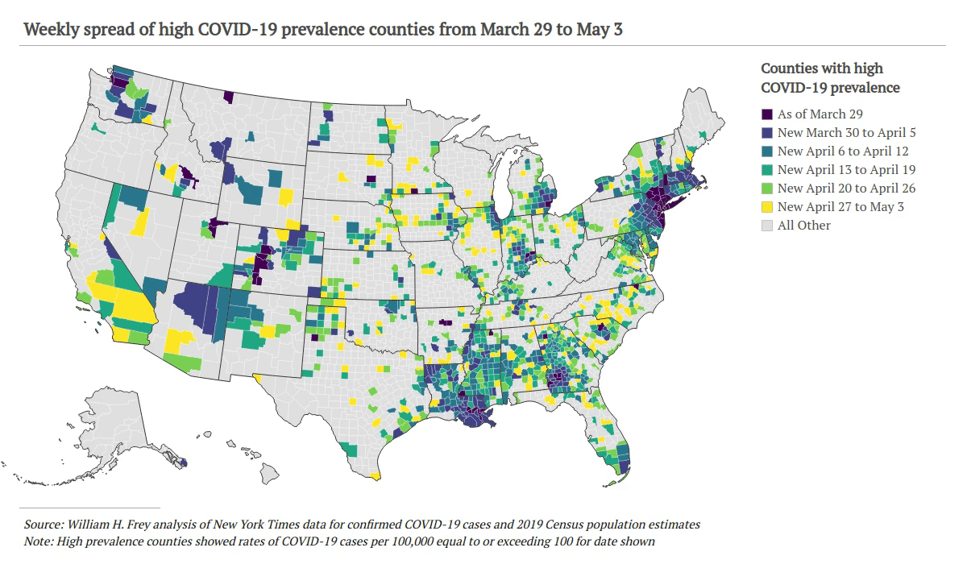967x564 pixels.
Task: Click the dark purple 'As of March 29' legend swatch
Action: (768, 114)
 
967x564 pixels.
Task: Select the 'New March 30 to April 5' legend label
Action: (846, 133)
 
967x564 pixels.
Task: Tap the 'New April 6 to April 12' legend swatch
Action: (768, 151)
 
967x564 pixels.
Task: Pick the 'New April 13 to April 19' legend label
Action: (846, 170)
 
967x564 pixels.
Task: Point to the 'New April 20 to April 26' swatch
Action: (768, 189)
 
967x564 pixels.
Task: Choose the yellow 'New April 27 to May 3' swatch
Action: (768, 207)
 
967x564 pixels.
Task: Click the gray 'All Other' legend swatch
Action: (768, 226)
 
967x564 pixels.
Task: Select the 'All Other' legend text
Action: (803, 226)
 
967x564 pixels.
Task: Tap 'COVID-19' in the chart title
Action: (224, 31)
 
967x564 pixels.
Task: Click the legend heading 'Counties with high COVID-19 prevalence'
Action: (830, 78)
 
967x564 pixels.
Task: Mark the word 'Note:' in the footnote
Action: (39, 541)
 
